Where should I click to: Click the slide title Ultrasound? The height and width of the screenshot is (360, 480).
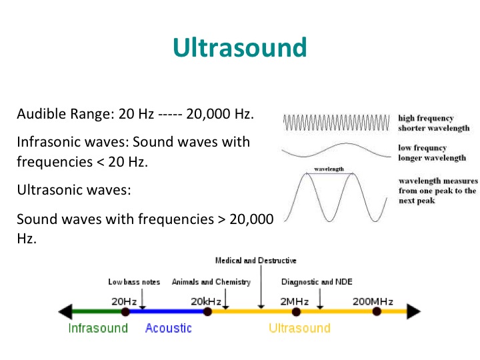pyautogui.click(x=240, y=47)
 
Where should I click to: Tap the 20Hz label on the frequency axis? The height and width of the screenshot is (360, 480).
pyautogui.click(x=124, y=301)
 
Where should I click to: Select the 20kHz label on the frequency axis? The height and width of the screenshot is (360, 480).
pyautogui.click(x=206, y=301)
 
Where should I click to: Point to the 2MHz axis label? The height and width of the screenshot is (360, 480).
pyautogui.click(x=295, y=301)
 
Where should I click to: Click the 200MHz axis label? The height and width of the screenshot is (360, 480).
pyautogui.click(x=373, y=301)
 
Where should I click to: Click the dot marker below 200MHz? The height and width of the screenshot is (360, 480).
pyautogui.click(x=377, y=311)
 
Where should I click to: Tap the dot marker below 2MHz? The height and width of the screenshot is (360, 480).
pyautogui.click(x=296, y=312)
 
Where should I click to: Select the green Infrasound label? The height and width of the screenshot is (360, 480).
pyautogui.click(x=98, y=328)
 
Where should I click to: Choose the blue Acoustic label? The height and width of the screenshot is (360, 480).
pyautogui.click(x=169, y=328)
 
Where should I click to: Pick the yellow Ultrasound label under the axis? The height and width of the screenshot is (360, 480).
pyautogui.click(x=300, y=328)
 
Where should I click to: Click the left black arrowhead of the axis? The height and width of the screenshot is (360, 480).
pyautogui.click(x=65, y=311)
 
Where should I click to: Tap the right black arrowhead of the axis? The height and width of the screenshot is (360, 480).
pyautogui.click(x=414, y=311)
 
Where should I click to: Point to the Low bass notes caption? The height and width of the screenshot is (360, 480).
pyautogui.click(x=134, y=282)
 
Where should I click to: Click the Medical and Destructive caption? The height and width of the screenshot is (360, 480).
pyautogui.click(x=256, y=261)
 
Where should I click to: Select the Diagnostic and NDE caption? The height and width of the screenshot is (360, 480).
pyautogui.click(x=317, y=282)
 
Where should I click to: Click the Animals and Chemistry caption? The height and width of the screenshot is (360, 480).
pyautogui.click(x=211, y=282)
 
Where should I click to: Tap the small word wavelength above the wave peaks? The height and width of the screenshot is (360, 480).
pyautogui.click(x=329, y=169)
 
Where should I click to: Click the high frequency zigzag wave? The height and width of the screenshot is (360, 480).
pyautogui.click(x=337, y=123)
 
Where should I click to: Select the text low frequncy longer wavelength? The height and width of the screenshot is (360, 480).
pyautogui.click(x=432, y=153)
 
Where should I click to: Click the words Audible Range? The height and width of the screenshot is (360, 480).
pyautogui.click(x=65, y=114)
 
